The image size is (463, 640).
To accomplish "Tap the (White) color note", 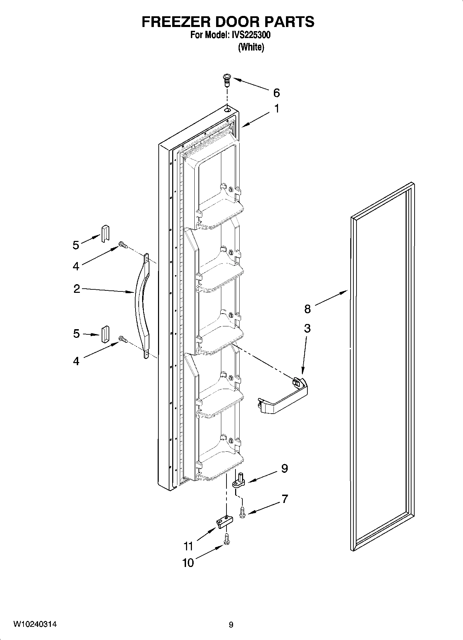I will pyautogui.click(x=251, y=47).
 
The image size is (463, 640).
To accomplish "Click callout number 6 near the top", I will pyautogui.click(x=276, y=93).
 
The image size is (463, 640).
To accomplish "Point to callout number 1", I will pyautogui.click(x=277, y=109).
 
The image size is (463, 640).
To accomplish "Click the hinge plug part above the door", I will pyautogui.click(x=227, y=80).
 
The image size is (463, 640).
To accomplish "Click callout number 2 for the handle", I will pyautogui.click(x=76, y=289).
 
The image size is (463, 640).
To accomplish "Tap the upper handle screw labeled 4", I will pyautogui.click(x=123, y=245).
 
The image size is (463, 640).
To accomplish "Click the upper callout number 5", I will pyautogui.click(x=76, y=245).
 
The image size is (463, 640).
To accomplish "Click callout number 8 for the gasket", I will pyautogui.click(x=307, y=308).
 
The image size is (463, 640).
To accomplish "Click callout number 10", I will pyautogui.click(x=188, y=563).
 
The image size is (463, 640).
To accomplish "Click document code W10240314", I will pyautogui.click(x=35, y=624).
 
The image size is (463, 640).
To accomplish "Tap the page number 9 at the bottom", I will pyautogui.click(x=231, y=625).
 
